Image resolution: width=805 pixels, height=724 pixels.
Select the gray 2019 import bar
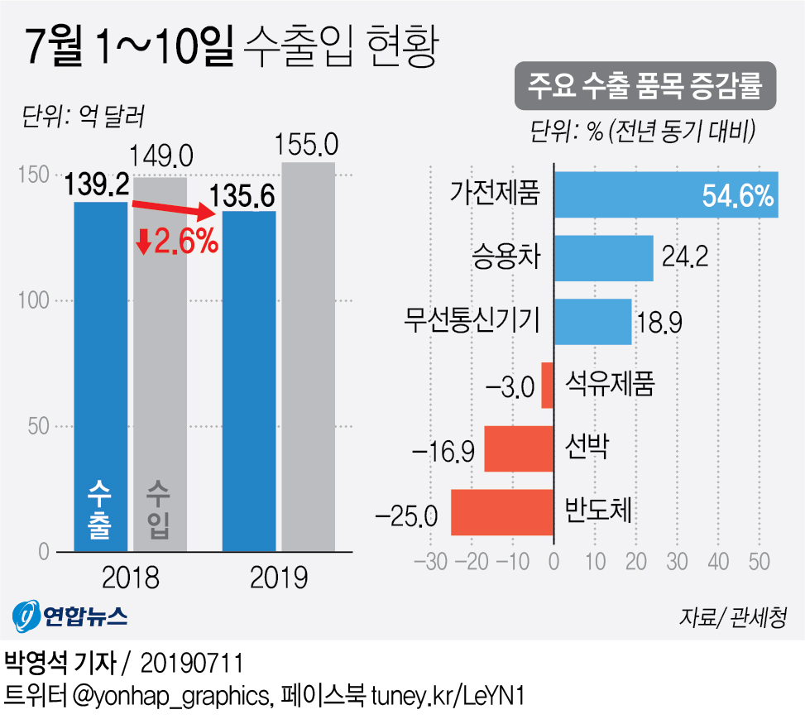309,356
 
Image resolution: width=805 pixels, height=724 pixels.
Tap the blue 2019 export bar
249,381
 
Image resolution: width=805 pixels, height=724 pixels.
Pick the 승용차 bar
603,258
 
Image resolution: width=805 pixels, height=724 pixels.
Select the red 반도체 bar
501,512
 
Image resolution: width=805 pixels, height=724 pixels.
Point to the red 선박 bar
518,448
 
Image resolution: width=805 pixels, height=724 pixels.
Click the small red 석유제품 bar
547,385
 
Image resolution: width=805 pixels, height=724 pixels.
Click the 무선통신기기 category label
472,321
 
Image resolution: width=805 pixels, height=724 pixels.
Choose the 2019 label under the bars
279,577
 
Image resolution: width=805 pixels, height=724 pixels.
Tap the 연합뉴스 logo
70,615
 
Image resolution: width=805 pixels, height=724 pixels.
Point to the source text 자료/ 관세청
731,616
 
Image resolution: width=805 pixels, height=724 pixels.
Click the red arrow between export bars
175,210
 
